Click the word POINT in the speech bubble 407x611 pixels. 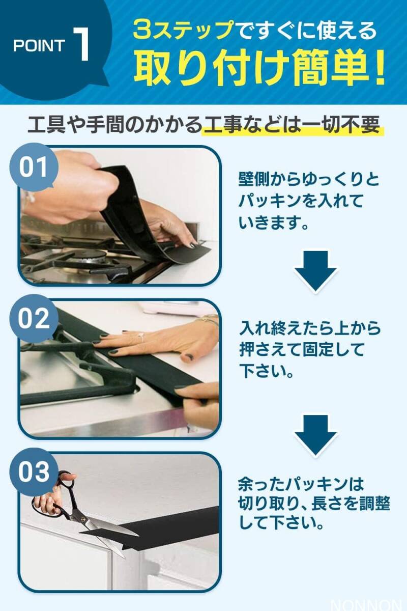pos(39,46)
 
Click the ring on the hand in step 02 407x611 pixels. pos(141,336)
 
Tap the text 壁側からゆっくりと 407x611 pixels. pos(309,179)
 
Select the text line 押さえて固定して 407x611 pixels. pos(303,350)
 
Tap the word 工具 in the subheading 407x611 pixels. pos(44,125)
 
